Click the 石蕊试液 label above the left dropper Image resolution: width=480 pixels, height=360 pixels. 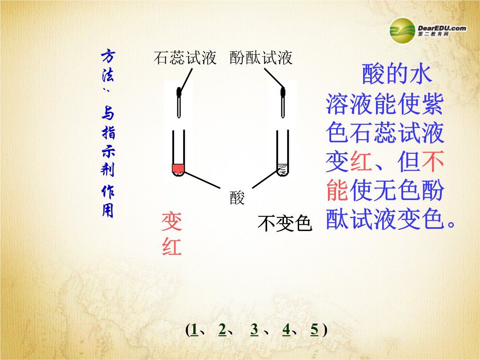click(x=185, y=57)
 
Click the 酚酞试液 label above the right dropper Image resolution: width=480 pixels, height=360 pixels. click(x=261, y=57)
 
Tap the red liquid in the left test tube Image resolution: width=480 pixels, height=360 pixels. click(x=178, y=168)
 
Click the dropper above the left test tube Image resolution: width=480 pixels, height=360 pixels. click(x=179, y=103)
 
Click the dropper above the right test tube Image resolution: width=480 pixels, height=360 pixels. click(x=283, y=103)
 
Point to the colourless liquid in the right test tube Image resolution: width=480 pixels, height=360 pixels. click(x=283, y=170)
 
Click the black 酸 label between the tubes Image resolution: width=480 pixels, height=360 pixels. click(x=237, y=198)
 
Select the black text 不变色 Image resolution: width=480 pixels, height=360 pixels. click(x=285, y=223)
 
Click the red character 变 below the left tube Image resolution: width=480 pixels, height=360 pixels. click(x=172, y=222)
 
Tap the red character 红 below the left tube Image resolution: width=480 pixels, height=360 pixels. click(x=172, y=246)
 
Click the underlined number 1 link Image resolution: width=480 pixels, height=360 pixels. click(x=194, y=330)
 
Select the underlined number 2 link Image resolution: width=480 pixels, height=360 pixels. click(x=222, y=330)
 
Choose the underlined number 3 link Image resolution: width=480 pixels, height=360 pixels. click(x=254, y=330)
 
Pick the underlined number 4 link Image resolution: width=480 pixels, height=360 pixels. click(x=286, y=330)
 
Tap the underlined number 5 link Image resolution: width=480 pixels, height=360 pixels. click(x=314, y=330)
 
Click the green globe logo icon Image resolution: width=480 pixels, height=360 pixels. click(x=402, y=31)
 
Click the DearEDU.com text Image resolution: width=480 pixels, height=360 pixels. click(x=442, y=28)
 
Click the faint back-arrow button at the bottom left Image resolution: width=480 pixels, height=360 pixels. click(x=86, y=336)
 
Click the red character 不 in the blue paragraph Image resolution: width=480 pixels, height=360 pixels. click(x=432, y=162)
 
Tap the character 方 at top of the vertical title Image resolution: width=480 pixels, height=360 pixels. click(x=108, y=56)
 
